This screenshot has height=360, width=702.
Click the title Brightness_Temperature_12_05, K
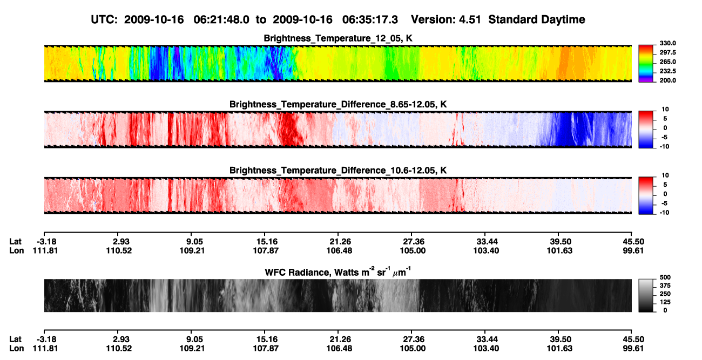tap(338, 38)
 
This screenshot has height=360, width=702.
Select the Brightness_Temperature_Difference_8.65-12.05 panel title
tap(338, 104)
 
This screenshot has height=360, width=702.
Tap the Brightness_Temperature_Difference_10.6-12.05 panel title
tap(338, 171)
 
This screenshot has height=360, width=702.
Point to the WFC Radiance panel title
tap(338, 271)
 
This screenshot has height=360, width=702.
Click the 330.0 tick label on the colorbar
tap(667, 43)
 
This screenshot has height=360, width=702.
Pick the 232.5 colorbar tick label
tap(667, 71)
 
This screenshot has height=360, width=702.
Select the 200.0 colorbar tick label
tap(667, 80)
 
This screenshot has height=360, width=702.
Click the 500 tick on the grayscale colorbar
tap(665, 277)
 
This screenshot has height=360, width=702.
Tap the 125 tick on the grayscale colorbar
tap(665, 302)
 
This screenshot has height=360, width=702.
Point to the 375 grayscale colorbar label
tap(665, 286)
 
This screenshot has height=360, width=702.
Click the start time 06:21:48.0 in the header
tap(221, 20)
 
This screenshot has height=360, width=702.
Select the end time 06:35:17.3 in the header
tap(370, 20)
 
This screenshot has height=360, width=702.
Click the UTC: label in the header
tap(104, 20)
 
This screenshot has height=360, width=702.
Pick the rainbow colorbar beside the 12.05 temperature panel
tap(646, 63)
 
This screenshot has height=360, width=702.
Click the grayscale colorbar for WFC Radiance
tap(646, 295)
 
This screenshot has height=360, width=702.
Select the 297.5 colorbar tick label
tap(667, 53)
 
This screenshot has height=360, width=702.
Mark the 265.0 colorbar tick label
tap(667, 62)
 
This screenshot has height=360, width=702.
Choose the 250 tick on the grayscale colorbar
tap(665, 294)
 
